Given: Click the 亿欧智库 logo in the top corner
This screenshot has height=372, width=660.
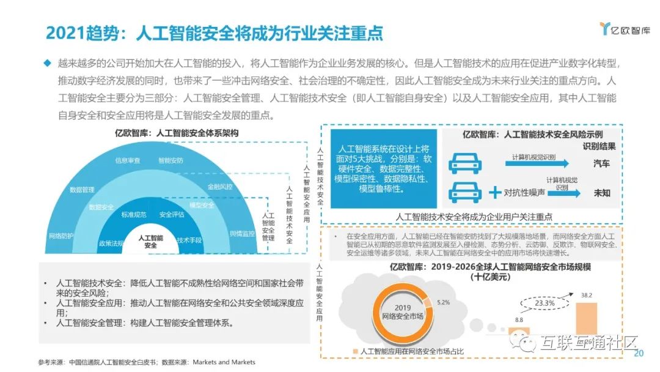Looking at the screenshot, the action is coord(624,29).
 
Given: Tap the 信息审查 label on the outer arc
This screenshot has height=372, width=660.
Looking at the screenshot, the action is coord(128,160).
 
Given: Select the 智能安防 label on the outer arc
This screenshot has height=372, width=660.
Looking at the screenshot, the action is coord(170,160).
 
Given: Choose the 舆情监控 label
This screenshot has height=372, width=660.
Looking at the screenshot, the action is coord(242,233).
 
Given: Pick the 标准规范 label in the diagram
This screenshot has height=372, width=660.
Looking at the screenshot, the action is coord(134,215).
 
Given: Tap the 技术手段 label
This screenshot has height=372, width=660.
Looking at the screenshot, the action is coord(189,240).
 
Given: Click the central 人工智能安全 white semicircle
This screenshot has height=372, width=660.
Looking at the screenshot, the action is coord(150,241).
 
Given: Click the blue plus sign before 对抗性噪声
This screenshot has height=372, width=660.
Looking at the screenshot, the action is coord(495,193).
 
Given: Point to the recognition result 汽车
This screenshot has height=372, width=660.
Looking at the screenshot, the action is coord(601,163).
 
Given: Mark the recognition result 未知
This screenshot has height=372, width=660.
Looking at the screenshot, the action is coord(601,193).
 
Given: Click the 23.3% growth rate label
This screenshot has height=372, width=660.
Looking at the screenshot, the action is coord(544,303).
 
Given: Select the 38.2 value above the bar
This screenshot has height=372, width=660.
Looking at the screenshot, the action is coord(586,295).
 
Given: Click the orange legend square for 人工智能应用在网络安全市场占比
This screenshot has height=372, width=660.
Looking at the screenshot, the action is coord(354,351).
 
